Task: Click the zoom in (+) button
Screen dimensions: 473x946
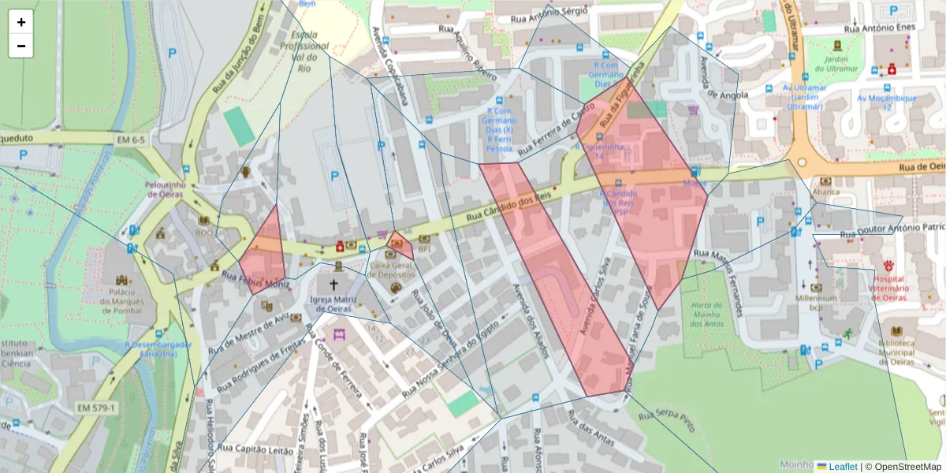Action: (21, 22)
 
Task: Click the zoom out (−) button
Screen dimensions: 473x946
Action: (21, 46)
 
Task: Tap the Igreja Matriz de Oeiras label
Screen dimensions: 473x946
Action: (333, 304)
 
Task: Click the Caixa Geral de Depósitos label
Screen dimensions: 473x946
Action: (392, 270)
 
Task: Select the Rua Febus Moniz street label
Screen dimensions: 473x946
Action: (255, 280)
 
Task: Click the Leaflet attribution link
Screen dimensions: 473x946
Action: (842, 467)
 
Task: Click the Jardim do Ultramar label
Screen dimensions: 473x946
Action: (841, 64)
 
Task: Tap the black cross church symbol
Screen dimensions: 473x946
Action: (333, 285)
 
